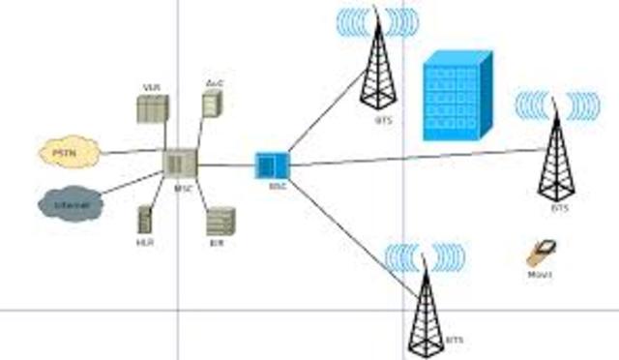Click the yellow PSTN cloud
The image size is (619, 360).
(x=70, y=153)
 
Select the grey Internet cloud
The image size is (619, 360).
(x=71, y=204)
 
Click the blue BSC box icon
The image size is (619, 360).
(x=272, y=165)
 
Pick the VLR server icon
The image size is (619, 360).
(x=152, y=108)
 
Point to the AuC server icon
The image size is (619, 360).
(x=211, y=104)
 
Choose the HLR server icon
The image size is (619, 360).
(x=145, y=219)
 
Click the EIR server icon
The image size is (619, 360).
(x=220, y=222)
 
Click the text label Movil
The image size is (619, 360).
(x=540, y=275)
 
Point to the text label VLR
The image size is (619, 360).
(x=151, y=88)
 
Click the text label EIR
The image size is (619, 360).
(x=216, y=244)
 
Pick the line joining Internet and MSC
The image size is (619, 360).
(x=131, y=184)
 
